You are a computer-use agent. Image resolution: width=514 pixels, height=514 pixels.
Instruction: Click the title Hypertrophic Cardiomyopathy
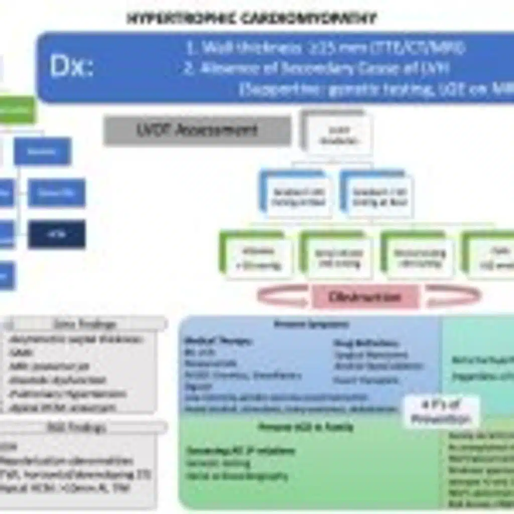click(251, 19)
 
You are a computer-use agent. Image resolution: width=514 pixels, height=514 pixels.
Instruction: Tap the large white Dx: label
click(71, 66)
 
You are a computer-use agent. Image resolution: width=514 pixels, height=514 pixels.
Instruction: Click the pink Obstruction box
click(365, 297)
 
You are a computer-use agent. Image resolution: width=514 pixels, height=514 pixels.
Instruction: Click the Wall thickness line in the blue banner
click(325, 48)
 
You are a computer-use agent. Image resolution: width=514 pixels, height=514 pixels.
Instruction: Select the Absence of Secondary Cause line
click(316, 69)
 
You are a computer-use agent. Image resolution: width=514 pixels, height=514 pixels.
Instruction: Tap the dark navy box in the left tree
click(56, 234)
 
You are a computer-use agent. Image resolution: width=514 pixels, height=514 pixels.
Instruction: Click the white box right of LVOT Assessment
click(336, 134)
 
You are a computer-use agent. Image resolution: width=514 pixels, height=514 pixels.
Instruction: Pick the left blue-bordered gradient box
click(298, 196)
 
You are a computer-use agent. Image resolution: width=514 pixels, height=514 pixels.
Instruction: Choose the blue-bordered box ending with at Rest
click(379, 196)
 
